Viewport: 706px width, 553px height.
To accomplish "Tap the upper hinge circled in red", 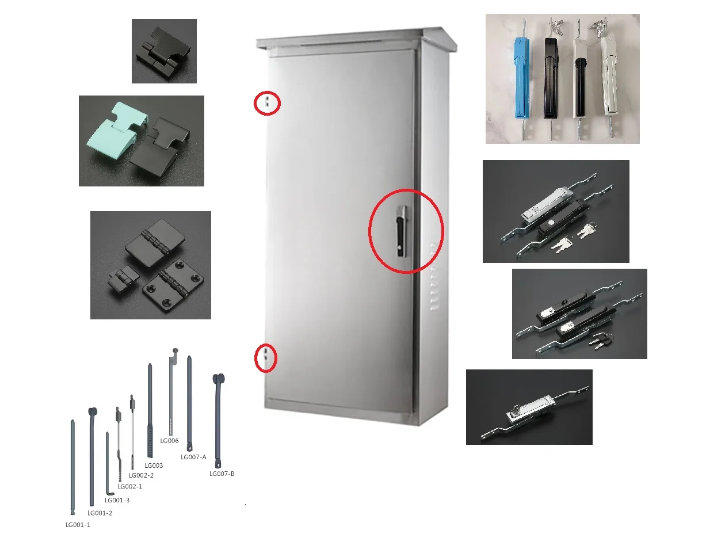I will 268,103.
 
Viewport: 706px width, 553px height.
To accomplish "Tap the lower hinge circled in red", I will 266,358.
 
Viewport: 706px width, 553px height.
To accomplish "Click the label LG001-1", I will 78,525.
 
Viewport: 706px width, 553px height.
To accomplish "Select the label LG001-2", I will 100,513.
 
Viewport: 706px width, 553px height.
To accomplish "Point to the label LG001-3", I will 117,500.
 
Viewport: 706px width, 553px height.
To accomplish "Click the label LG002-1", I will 129,486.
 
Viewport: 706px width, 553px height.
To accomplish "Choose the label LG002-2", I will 141,475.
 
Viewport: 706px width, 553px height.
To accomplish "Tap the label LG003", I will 154,466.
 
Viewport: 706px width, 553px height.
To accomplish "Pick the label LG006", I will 169,441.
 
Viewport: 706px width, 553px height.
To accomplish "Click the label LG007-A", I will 193,457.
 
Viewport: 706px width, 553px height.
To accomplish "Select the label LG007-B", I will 222,474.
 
